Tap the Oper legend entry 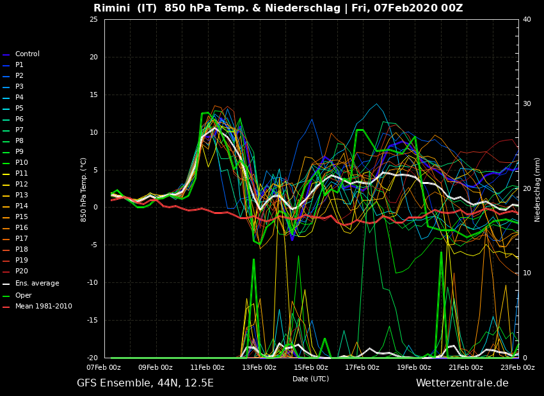point(23,296)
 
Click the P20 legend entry point(21,271)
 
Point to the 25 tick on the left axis point(93,20)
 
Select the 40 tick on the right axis point(527,20)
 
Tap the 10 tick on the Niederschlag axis point(527,273)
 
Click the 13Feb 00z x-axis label point(259,368)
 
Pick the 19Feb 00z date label point(413,368)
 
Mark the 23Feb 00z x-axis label point(516,368)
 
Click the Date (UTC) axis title point(310,379)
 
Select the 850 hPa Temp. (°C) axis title point(84,189)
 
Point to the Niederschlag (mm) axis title point(538,189)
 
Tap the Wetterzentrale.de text point(462,383)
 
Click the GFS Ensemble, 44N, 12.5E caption point(145,383)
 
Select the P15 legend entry point(21,217)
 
